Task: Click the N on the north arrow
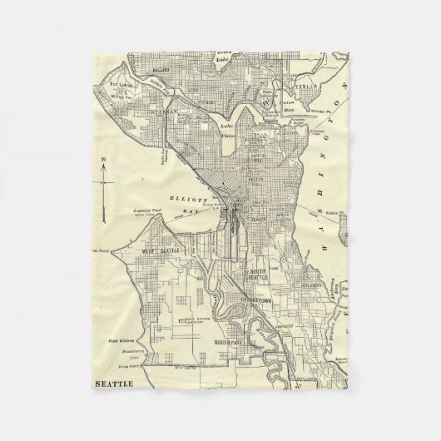click(102, 157)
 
